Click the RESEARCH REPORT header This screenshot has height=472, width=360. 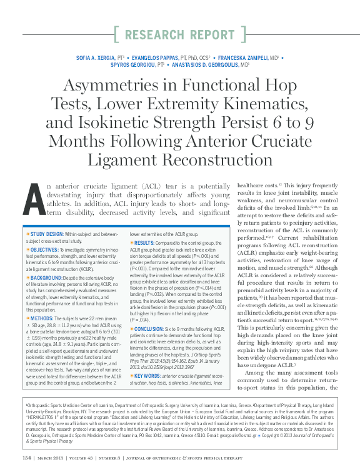pyautogui.click(x=180, y=34)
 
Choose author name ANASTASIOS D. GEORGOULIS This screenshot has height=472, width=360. pyautogui.click(x=209, y=65)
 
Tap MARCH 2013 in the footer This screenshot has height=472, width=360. pyautogui.click(x=57, y=457)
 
